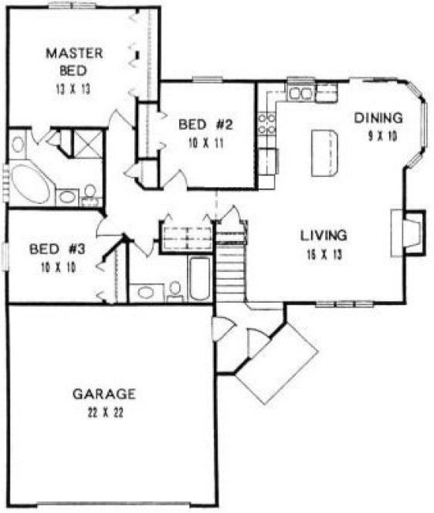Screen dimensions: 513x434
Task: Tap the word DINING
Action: (x=378, y=118)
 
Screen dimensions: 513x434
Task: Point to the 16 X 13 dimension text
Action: (x=324, y=251)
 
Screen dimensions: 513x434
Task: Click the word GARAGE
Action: (x=104, y=393)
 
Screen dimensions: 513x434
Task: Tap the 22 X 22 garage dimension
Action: (x=105, y=411)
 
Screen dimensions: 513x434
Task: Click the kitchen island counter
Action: (x=326, y=152)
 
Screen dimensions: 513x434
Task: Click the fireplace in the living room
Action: (x=409, y=231)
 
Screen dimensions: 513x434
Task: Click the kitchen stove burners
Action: (x=267, y=124)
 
